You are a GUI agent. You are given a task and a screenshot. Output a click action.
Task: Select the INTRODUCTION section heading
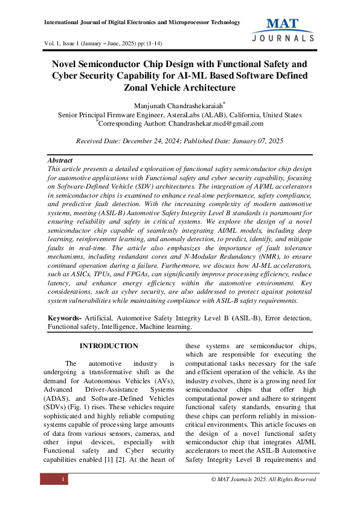pos(109,346)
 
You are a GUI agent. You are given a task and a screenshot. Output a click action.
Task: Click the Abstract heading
pos(61,161)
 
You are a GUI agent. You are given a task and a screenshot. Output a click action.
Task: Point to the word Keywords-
pos(65,318)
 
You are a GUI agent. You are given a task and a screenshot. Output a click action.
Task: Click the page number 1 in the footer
pos(63,479)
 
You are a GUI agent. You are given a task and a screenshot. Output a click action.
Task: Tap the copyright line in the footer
pos(263,479)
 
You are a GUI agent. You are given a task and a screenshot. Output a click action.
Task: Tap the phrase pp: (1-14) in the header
pos(146,44)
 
